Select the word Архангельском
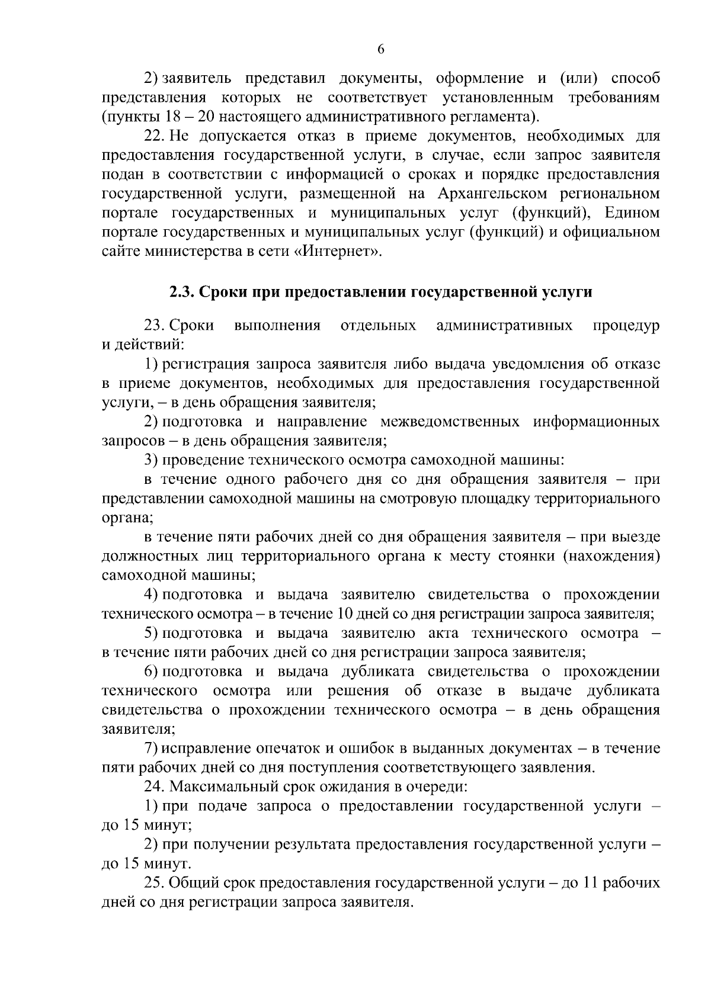pyautogui.click(x=500, y=194)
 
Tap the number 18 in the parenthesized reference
pyautogui.click(x=168, y=115)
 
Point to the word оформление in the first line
pyautogui.click(x=479, y=78)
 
